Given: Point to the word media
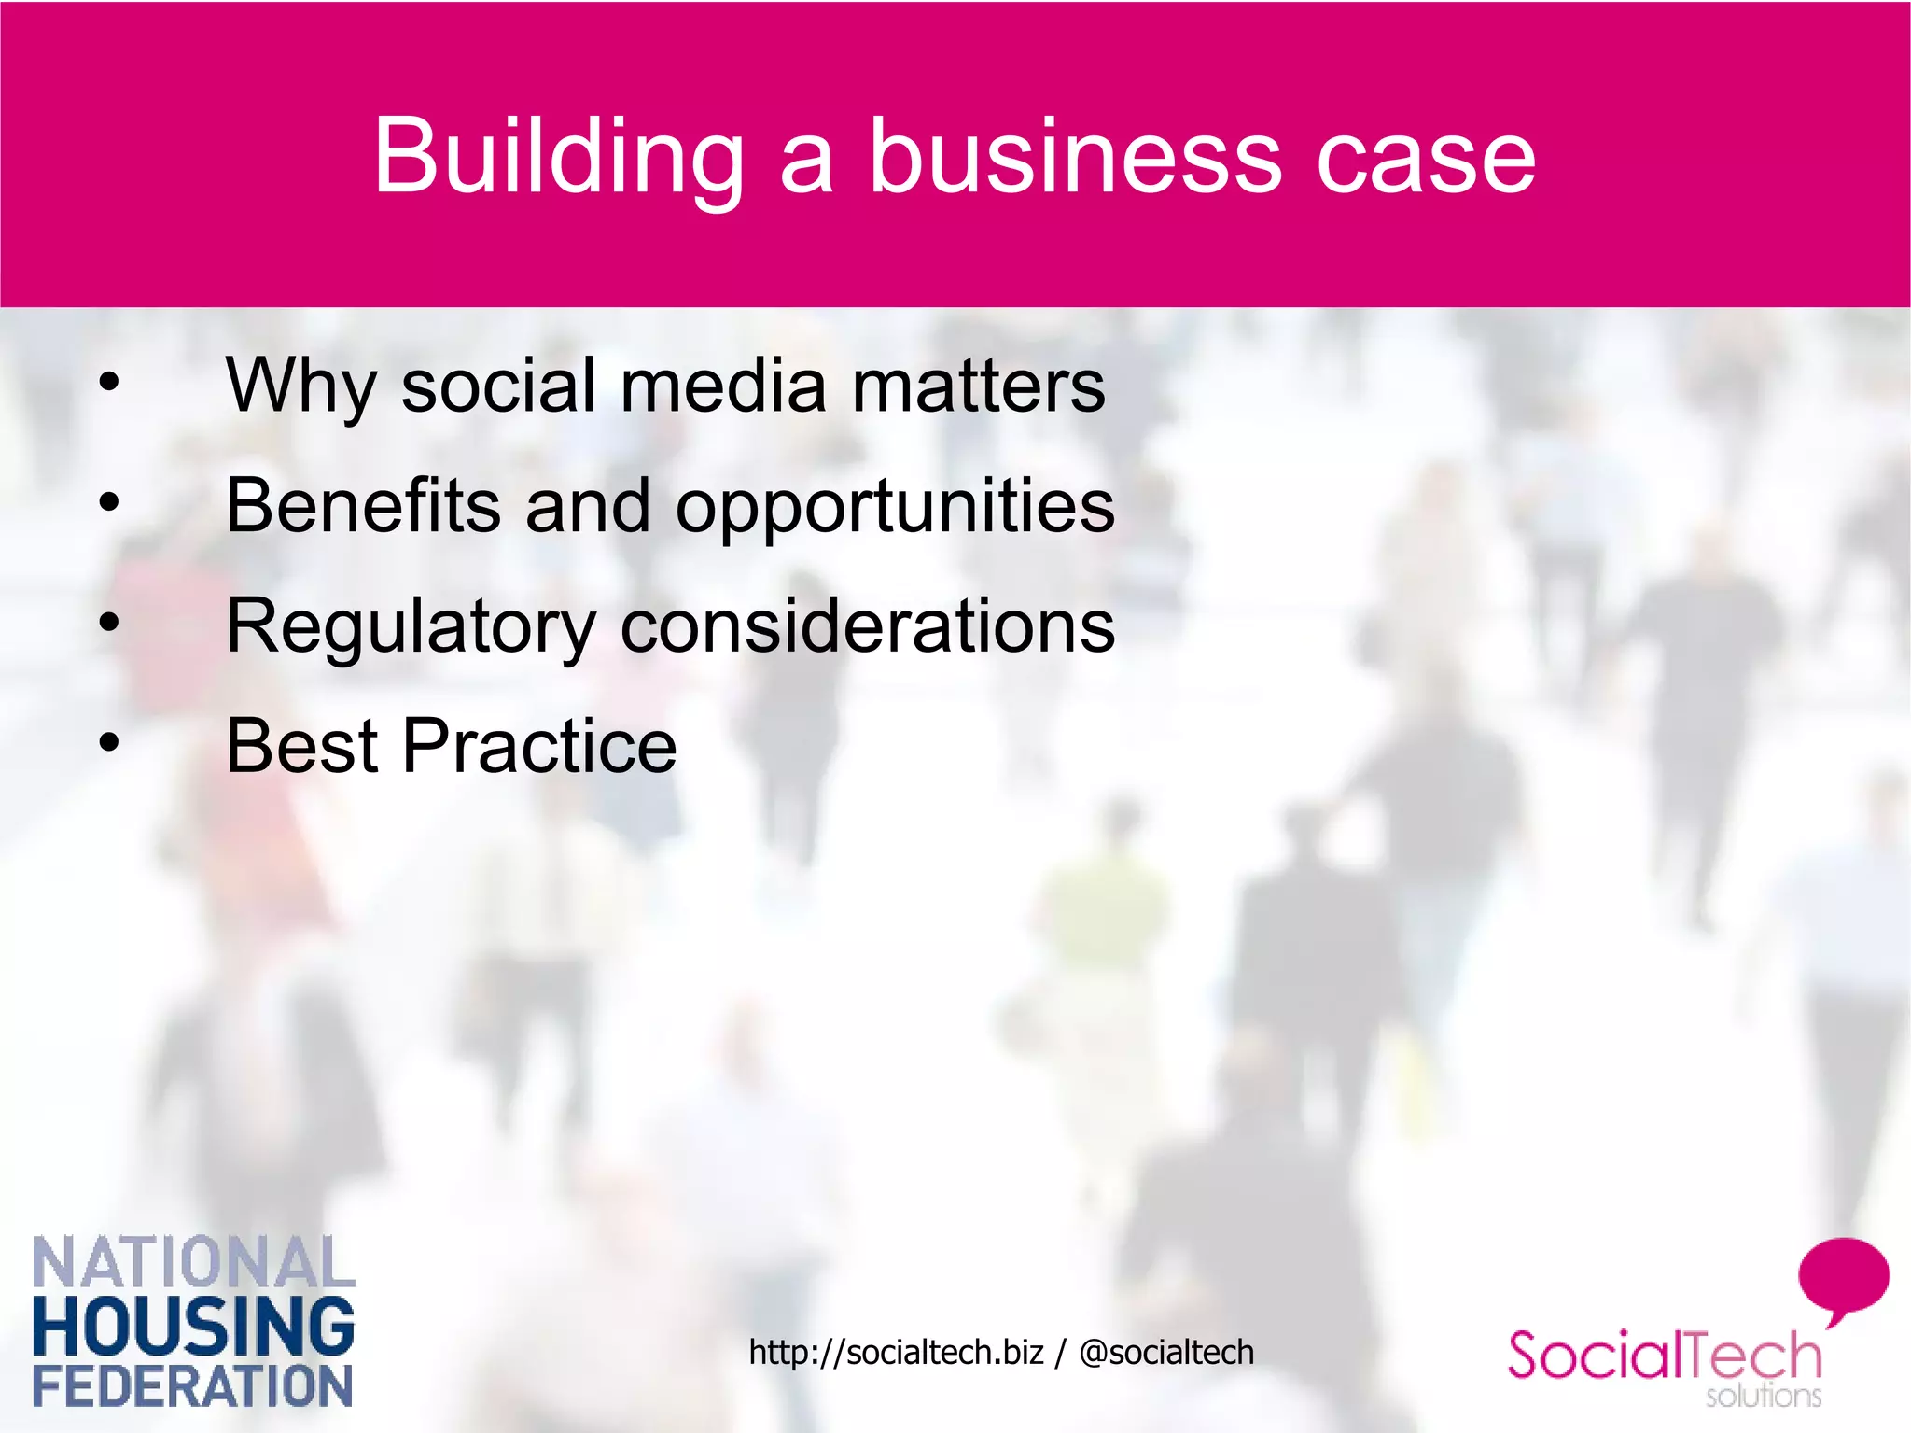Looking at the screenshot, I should (x=723, y=386).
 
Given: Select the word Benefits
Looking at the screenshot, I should (x=362, y=505).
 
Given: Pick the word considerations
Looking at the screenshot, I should (x=868, y=625).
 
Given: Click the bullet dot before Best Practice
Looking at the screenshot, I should (x=110, y=743).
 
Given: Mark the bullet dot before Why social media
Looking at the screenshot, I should (x=110, y=382).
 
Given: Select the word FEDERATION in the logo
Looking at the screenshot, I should (x=193, y=1386).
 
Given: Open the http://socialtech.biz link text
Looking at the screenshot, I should (x=895, y=1352).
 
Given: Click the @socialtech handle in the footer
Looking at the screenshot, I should (x=1165, y=1352).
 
